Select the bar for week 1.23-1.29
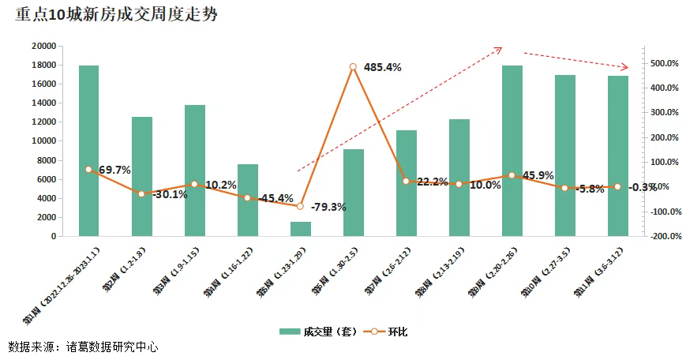tap(300, 228)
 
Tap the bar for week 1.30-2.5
tap(353, 192)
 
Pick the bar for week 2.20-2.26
tap(512, 150)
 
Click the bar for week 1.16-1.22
tap(247, 200)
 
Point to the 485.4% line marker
tap(353, 67)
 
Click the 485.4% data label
tap(382, 68)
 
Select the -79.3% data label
tap(328, 207)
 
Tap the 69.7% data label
tap(114, 170)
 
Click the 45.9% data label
tap(538, 175)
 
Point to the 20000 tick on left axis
tap(43, 46)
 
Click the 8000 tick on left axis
tap(46, 160)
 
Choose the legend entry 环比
tap(389, 332)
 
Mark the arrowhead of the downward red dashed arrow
tap(626, 67)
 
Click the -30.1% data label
tap(170, 195)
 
